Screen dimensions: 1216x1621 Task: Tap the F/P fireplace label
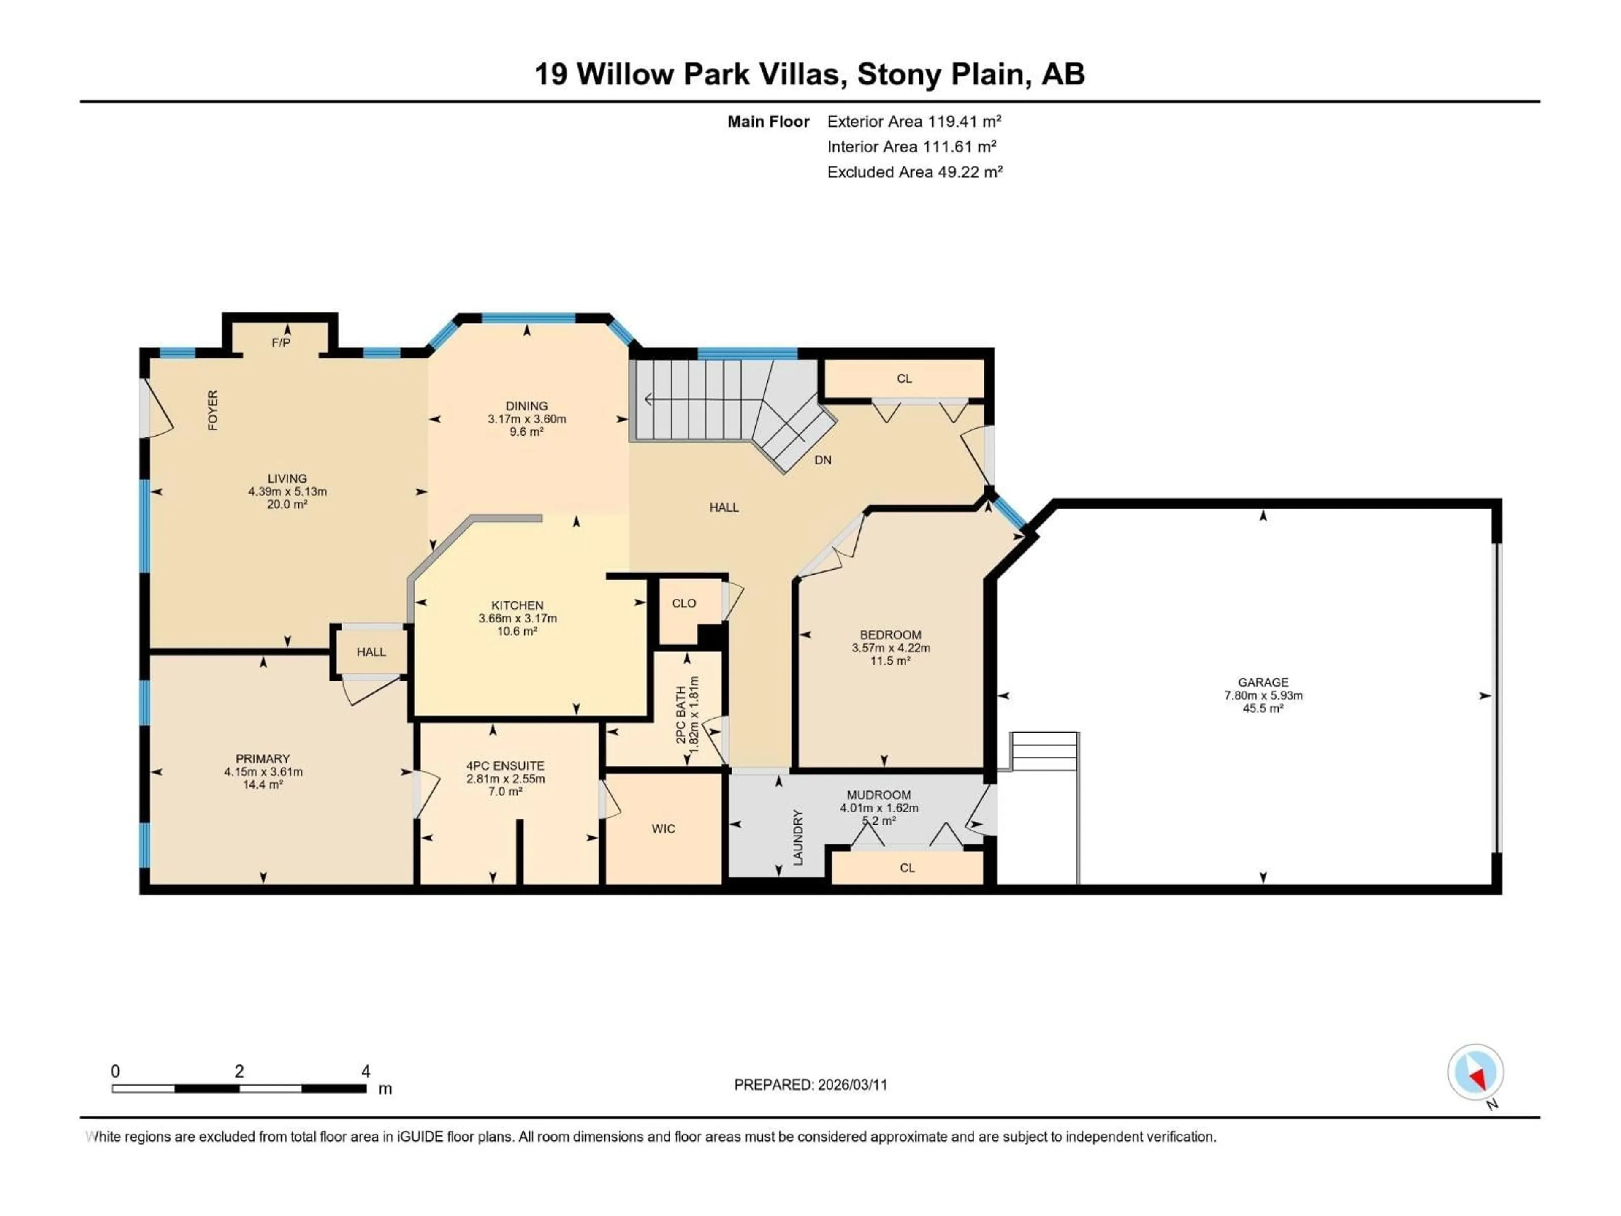(x=281, y=343)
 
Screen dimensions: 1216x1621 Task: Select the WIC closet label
(x=663, y=829)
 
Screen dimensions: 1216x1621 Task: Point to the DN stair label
(x=823, y=460)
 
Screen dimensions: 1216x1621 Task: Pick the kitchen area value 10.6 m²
(x=518, y=631)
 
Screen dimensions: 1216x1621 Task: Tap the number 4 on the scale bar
(x=366, y=1071)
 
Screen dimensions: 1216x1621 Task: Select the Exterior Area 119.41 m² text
(x=914, y=122)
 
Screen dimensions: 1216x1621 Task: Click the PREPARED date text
(x=810, y=1085)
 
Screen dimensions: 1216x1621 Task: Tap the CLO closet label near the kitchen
(x=684, y=603)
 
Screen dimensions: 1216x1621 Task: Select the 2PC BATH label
(x=681, y=715)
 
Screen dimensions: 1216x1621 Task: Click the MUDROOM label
(x=878, y=795)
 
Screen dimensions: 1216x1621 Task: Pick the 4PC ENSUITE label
(x=506, y=766)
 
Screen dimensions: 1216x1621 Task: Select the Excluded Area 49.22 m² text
(x=915, y=172)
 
